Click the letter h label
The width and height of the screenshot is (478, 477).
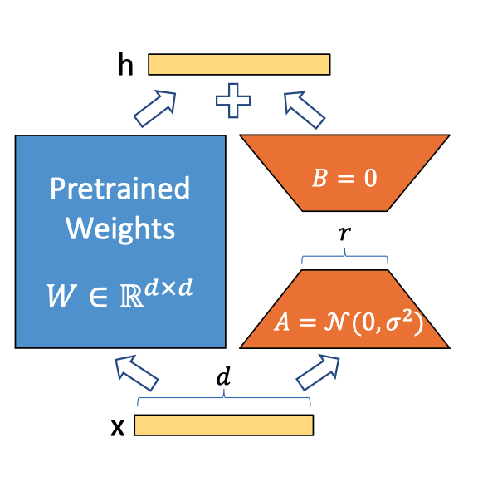(x=125, y=65)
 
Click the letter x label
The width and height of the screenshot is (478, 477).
(x=118, y=427)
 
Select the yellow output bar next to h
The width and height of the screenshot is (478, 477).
(x=239, y=64)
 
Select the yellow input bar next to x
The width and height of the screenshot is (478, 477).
(x=223, y=425)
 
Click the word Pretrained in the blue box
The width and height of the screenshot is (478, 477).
(x=119, y=189)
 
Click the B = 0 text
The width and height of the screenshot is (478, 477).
(x=344, y=178)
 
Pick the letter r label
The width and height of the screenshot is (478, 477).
(x=344, y=234)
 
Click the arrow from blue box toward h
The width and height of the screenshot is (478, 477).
(x=157, y=109)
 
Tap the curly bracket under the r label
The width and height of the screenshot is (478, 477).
(x=344, y=258)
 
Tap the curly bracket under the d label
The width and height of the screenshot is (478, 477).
(x=223, y=401)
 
